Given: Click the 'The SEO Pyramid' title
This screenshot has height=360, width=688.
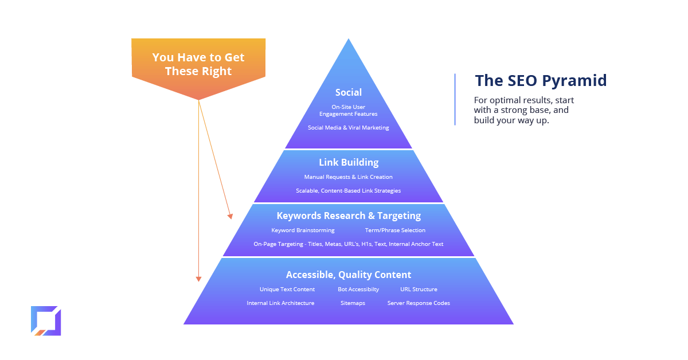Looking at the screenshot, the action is coord(541,80).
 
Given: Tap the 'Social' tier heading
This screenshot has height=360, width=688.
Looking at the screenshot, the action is coord(349,92).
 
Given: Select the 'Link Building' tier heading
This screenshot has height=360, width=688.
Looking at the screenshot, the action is coord(349,162).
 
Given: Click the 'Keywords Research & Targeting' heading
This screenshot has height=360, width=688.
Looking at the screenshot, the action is coord(349,216).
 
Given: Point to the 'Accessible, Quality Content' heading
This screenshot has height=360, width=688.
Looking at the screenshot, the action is coord(349,275).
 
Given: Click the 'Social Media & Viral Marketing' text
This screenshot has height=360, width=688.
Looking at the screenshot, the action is coord(349,127).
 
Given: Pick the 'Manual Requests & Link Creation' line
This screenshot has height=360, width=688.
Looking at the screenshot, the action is coord(349,177).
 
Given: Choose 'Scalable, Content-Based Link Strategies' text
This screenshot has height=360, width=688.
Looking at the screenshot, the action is coord(349,191).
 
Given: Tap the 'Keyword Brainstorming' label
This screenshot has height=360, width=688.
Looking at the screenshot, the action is coord(303,230).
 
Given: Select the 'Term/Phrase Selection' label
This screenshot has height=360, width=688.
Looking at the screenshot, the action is coord(395,230).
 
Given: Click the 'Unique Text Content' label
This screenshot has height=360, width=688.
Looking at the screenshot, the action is coord(287,289).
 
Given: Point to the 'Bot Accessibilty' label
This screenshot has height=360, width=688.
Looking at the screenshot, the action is coord(358,289).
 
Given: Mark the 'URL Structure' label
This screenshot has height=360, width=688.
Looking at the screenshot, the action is coord(419,289).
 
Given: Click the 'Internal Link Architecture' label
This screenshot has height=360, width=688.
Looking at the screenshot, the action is coord(280,303).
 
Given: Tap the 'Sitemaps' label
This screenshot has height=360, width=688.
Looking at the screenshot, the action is coord(353,303).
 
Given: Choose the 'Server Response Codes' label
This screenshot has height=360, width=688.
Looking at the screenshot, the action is coord(419,303).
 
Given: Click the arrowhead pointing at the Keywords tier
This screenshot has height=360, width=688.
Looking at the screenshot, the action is coord(230,216).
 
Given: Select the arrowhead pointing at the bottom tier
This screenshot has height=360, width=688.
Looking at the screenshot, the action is coord(199,279).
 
